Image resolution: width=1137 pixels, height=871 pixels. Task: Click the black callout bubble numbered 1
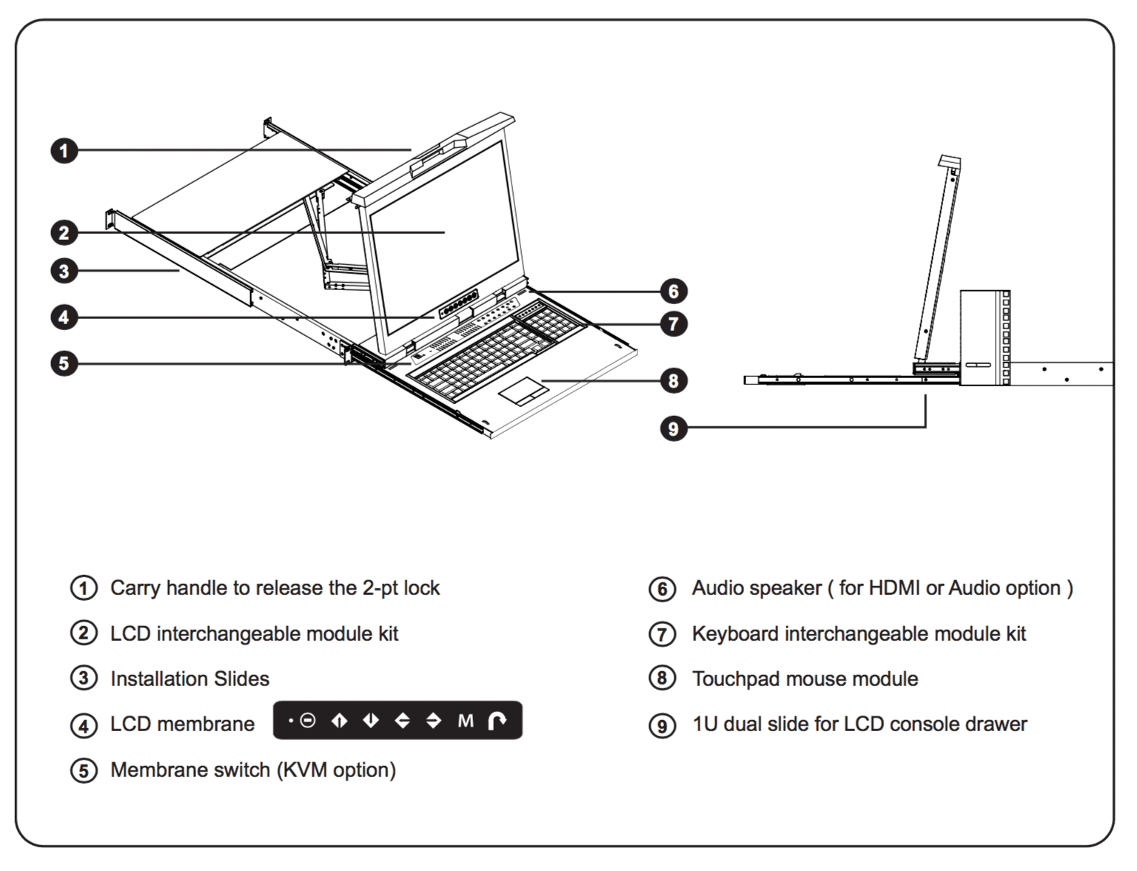[64, 151]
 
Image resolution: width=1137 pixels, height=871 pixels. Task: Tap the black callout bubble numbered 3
[64, 271]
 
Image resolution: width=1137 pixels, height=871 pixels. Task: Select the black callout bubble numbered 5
[64, 363]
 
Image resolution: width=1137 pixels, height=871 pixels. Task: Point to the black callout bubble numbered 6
[673, 291]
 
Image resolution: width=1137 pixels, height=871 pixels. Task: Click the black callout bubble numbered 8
[673, 380]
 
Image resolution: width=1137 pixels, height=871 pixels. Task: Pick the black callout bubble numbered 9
[673, 428]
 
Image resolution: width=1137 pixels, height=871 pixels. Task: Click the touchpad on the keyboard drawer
[523, 389]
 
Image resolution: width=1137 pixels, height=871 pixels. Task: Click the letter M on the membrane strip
[465, 721]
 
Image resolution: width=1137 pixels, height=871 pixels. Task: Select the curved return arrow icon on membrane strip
[497, 721]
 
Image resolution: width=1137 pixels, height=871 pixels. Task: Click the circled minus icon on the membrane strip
[308, 721]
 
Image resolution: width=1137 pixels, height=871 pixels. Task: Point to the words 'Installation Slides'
[189, 679]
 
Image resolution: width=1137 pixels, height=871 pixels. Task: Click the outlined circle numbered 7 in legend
[662, 634]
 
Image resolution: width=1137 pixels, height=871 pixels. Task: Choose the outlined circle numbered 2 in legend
[84, 633]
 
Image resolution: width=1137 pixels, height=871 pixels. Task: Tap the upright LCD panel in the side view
[937, 259]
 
